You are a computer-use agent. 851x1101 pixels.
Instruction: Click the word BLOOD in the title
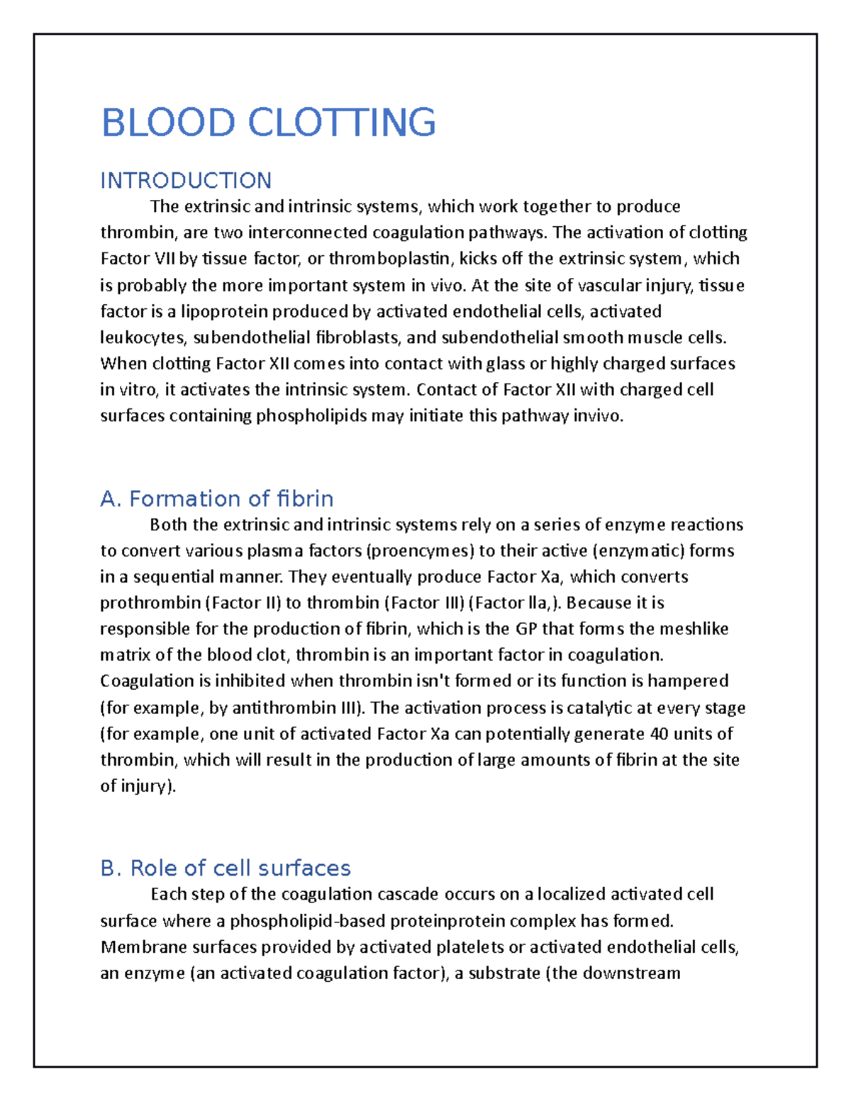[168, 123]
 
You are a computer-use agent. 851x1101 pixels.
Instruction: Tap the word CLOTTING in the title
[342, 123]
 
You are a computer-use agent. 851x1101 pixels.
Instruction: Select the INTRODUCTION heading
[186, 181]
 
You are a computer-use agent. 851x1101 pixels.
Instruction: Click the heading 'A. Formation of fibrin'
[217, 499]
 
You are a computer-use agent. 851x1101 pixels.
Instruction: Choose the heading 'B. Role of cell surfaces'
[226, 868]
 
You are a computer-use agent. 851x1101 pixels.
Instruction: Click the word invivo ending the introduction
[599, 417]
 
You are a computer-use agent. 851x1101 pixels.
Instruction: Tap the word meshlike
[694, 630]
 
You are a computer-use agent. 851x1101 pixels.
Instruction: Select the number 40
[659, 734]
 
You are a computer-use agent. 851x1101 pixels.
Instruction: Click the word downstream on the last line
[631, 973]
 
